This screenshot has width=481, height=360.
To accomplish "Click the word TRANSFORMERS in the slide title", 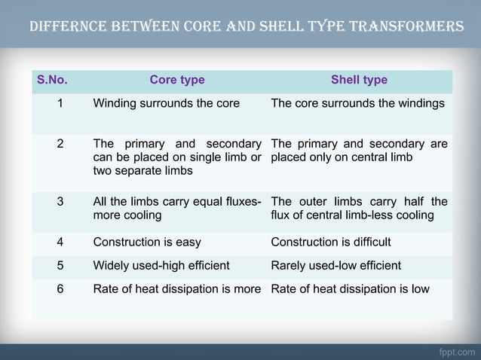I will pos(410,26).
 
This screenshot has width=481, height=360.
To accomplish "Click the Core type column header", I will pos(177,80).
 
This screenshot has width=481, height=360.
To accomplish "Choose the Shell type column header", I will pos(359,80).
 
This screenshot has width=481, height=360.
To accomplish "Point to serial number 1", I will pos(60,103).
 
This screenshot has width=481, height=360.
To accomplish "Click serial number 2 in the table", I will pos(60,144).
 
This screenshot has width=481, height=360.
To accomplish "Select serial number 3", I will pos(60,202).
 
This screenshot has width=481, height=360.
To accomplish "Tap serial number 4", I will pos(60,242).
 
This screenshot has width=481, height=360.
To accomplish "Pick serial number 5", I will pos(60,265).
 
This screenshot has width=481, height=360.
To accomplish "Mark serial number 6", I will pos(60,288).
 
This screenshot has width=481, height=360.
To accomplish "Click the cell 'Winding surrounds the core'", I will pos(166,103).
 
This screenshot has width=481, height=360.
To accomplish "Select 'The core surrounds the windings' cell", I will pos(357,103).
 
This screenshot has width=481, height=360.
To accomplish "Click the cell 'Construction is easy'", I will pos(147,242).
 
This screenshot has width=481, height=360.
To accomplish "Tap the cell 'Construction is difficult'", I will pos(330,242).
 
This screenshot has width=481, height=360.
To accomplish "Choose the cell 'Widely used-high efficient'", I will pos(161,265).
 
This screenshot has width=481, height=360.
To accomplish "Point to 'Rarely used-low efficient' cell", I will pos(335,265).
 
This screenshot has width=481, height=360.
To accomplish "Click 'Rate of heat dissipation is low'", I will pos(350,288).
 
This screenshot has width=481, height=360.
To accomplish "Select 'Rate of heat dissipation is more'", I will pos(176,288).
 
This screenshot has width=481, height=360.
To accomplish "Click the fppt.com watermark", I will pos(457,352).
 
